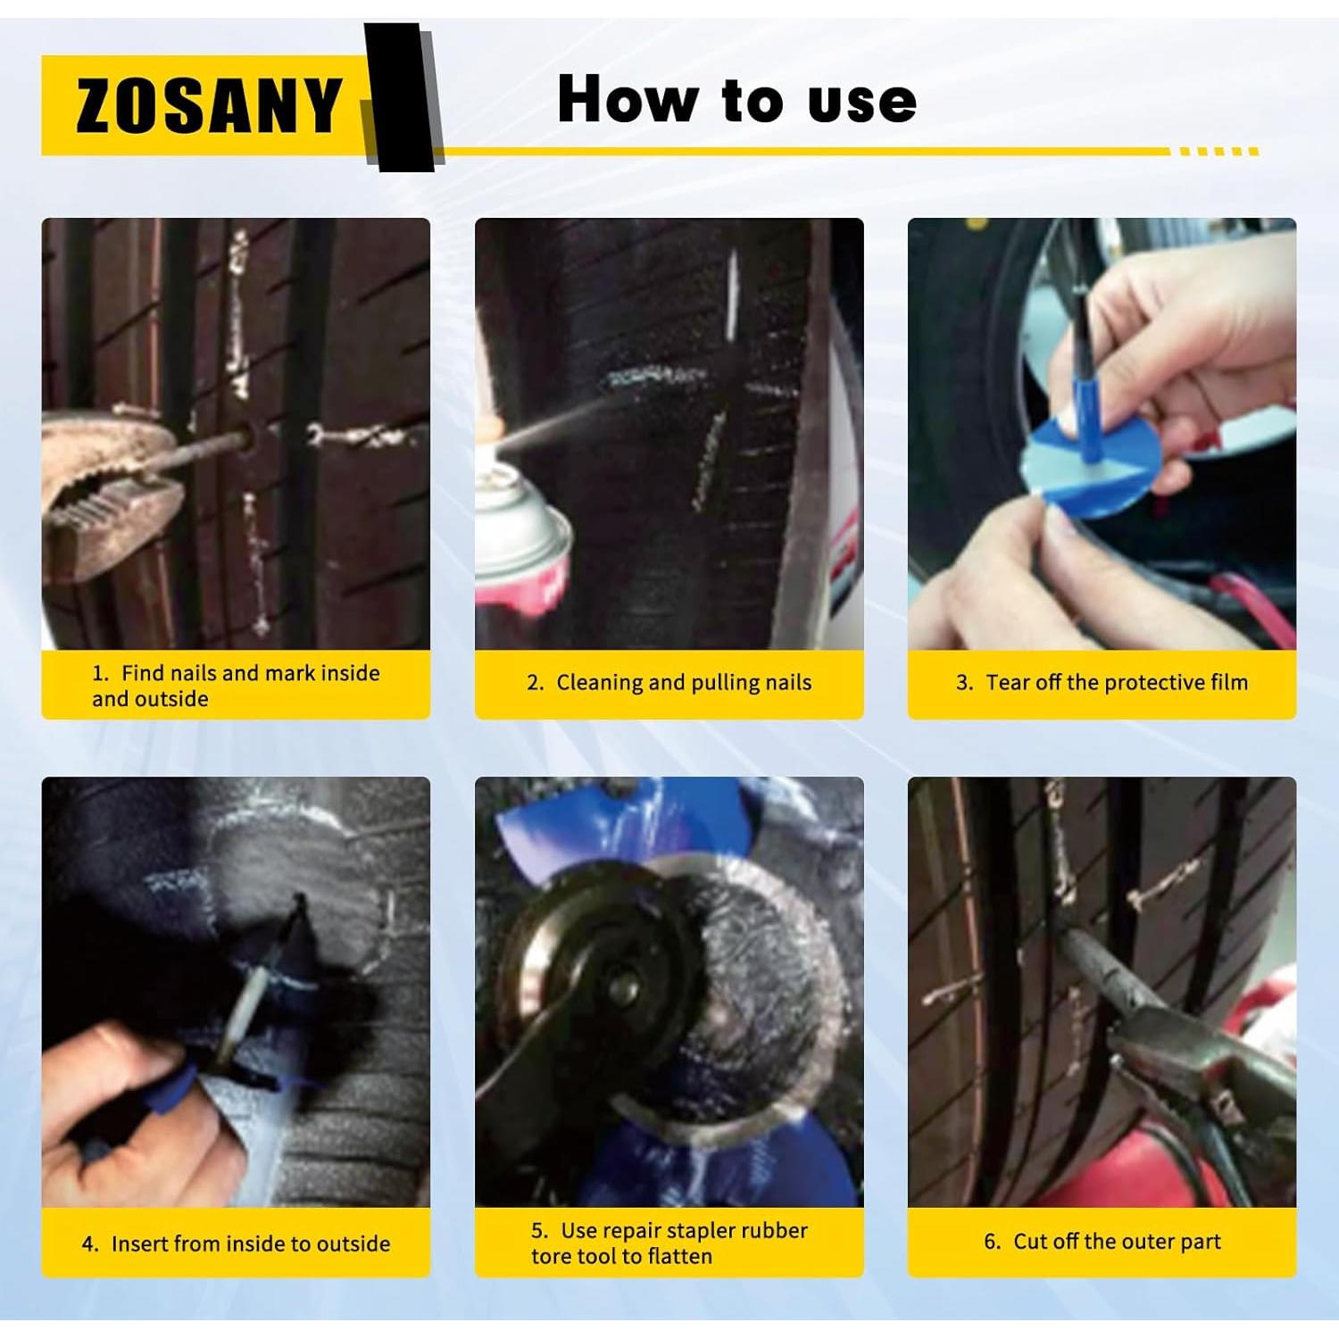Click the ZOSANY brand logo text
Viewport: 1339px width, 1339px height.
pos(209,105)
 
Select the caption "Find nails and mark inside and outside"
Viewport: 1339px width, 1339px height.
pos(236,686)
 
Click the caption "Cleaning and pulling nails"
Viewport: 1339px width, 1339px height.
pos(669,683)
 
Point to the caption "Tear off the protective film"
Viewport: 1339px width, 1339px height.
pos(1102,683)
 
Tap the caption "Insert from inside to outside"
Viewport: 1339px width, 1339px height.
pos(237,1243)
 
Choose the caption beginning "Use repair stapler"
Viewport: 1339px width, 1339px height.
pos(669,1243)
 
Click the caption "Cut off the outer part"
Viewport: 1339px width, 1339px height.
pos(1102,1242)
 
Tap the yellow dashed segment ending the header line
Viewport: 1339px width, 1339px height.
pos(1218,152)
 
